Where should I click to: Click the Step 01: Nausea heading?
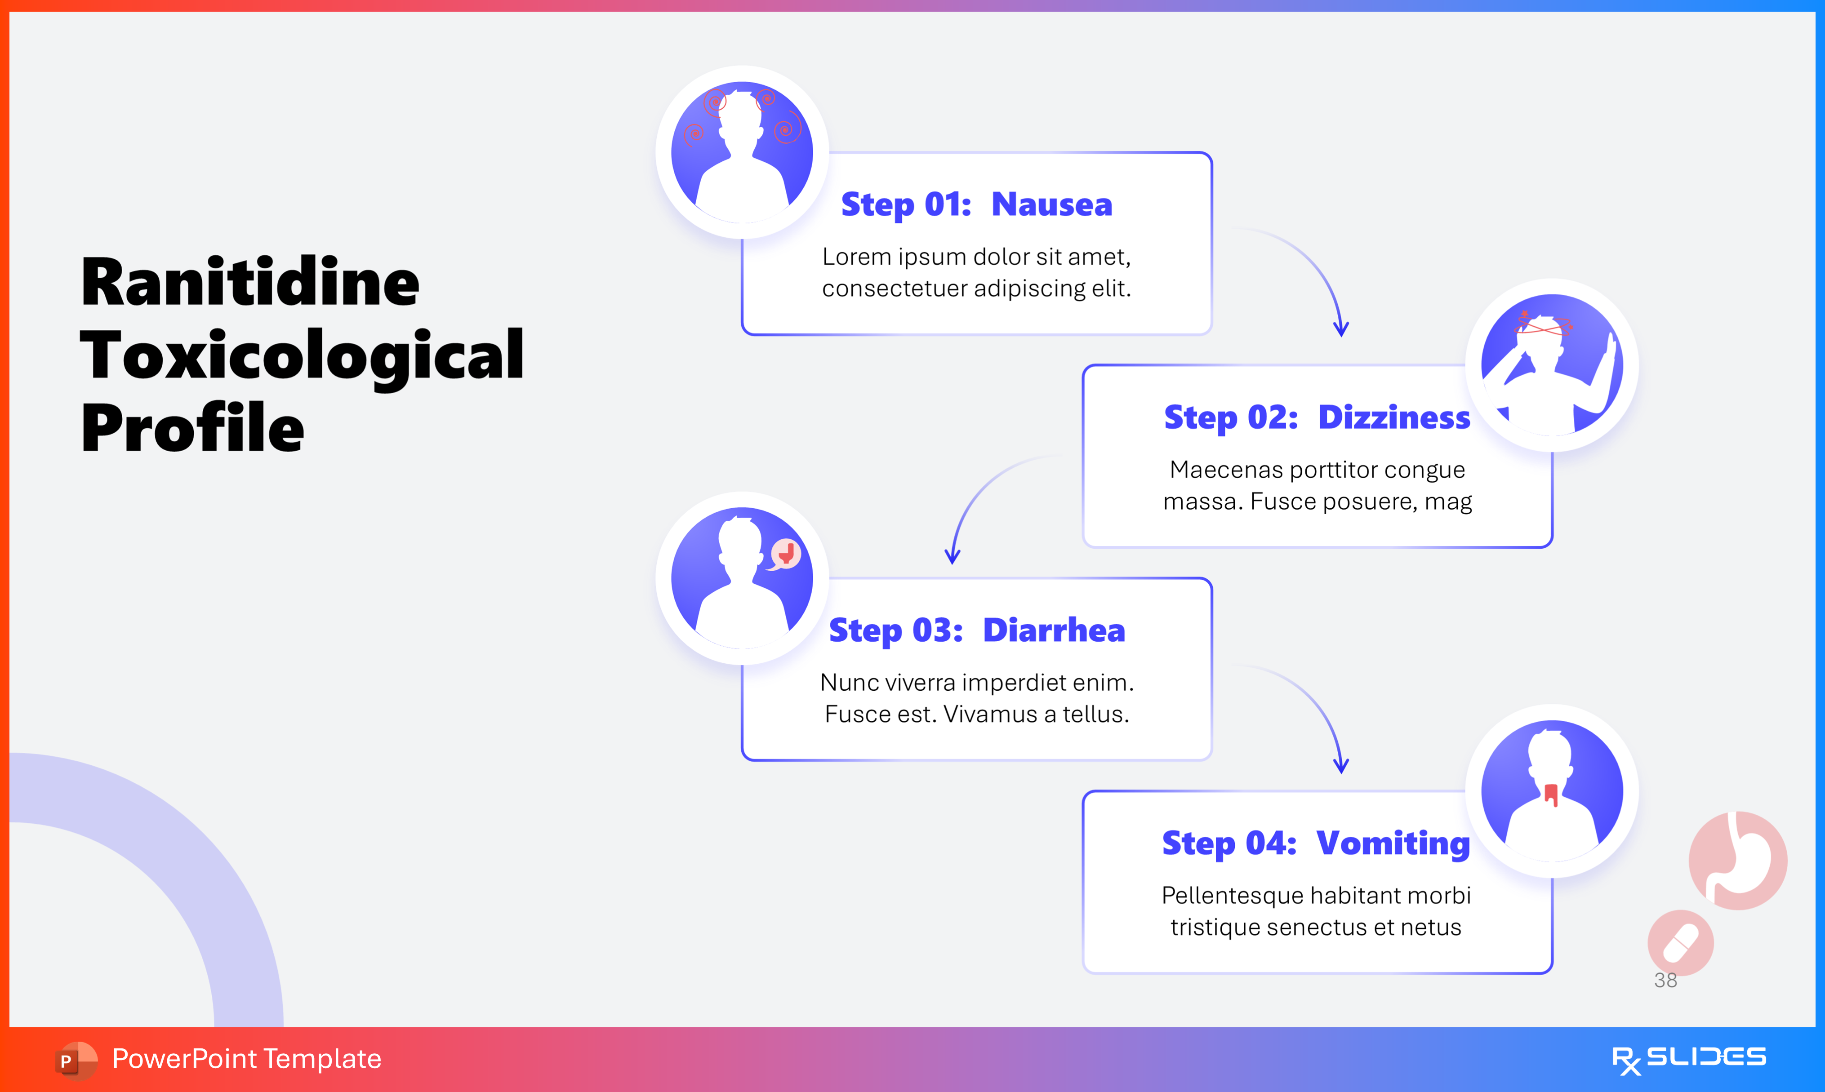(x=976, y=204)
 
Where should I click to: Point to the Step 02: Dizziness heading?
(x=1317, y=417)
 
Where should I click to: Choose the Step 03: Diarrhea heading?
(x=976, y=630)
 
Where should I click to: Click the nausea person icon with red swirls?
(x=742, y=152)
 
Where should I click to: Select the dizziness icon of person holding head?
(x=1551, y=365)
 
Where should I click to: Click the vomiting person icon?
(x=1551, y=791)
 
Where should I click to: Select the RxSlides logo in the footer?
(x=1688, y=1059)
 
